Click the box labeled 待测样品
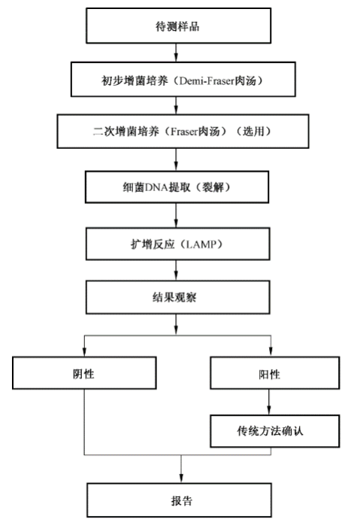177,27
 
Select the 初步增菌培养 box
177,78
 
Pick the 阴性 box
85,372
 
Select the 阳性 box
268,372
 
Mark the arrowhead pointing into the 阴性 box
85,353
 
